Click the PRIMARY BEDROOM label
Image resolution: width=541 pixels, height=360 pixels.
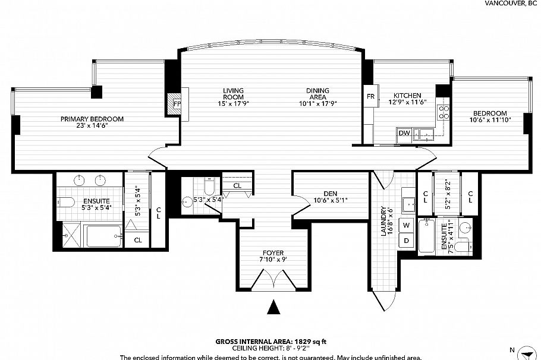pyautogui.click(x=92, y=119)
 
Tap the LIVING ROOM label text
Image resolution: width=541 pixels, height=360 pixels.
pyautogui.click(x=234, y=94)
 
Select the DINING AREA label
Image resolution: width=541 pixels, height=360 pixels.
pyautogui.click(x=317, y=94)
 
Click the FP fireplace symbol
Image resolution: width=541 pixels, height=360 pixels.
pyautogui.click(x=177, y=103)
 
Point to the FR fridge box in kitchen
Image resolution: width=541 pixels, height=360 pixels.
pyautogui.click(x=370, y=96)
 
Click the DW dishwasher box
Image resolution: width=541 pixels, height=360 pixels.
pyautogui.click(x=404, y=133)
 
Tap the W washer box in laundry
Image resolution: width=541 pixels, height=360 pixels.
pyautogui.click(x=407, y=225)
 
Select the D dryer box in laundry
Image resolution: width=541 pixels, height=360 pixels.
pyautogui.click(x=407, y=241)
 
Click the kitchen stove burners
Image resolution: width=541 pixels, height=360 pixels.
pyautogui.click(x=444, y=112)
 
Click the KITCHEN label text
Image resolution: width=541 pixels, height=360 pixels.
pyautogui.click(x=407, y=96)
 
